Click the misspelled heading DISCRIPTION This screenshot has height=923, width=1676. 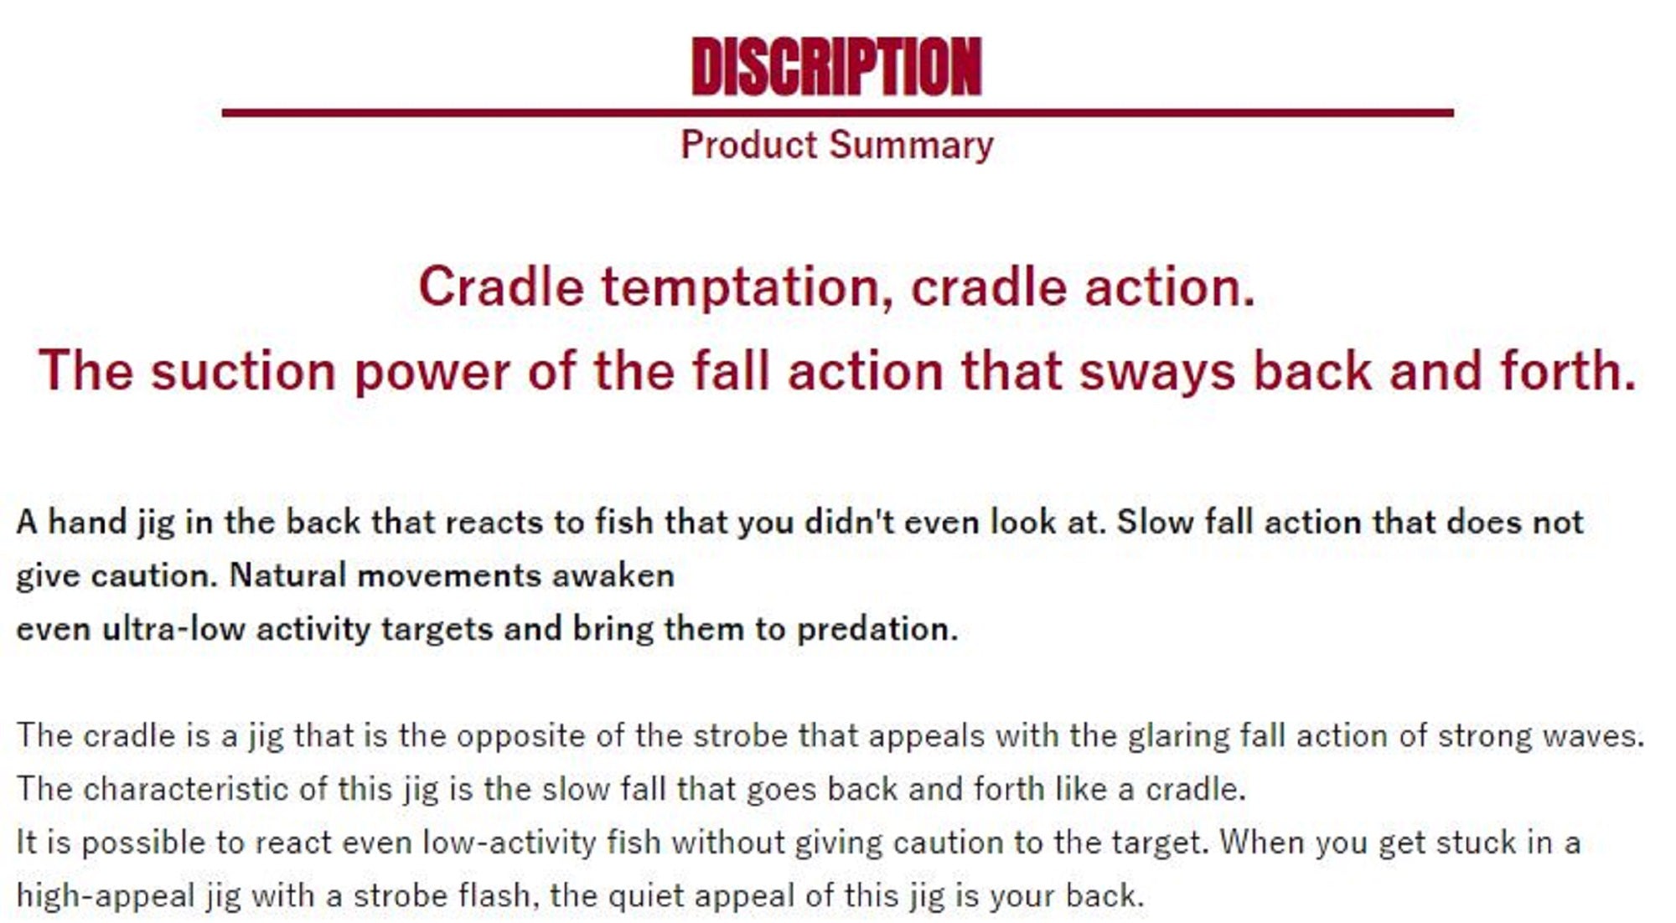click(836, 66)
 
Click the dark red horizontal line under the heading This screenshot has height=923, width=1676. click(837, 112)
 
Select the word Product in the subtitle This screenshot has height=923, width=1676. click(749, 145)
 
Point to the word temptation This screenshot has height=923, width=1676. click(747, 287)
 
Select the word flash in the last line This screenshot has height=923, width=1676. click(495, 896)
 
